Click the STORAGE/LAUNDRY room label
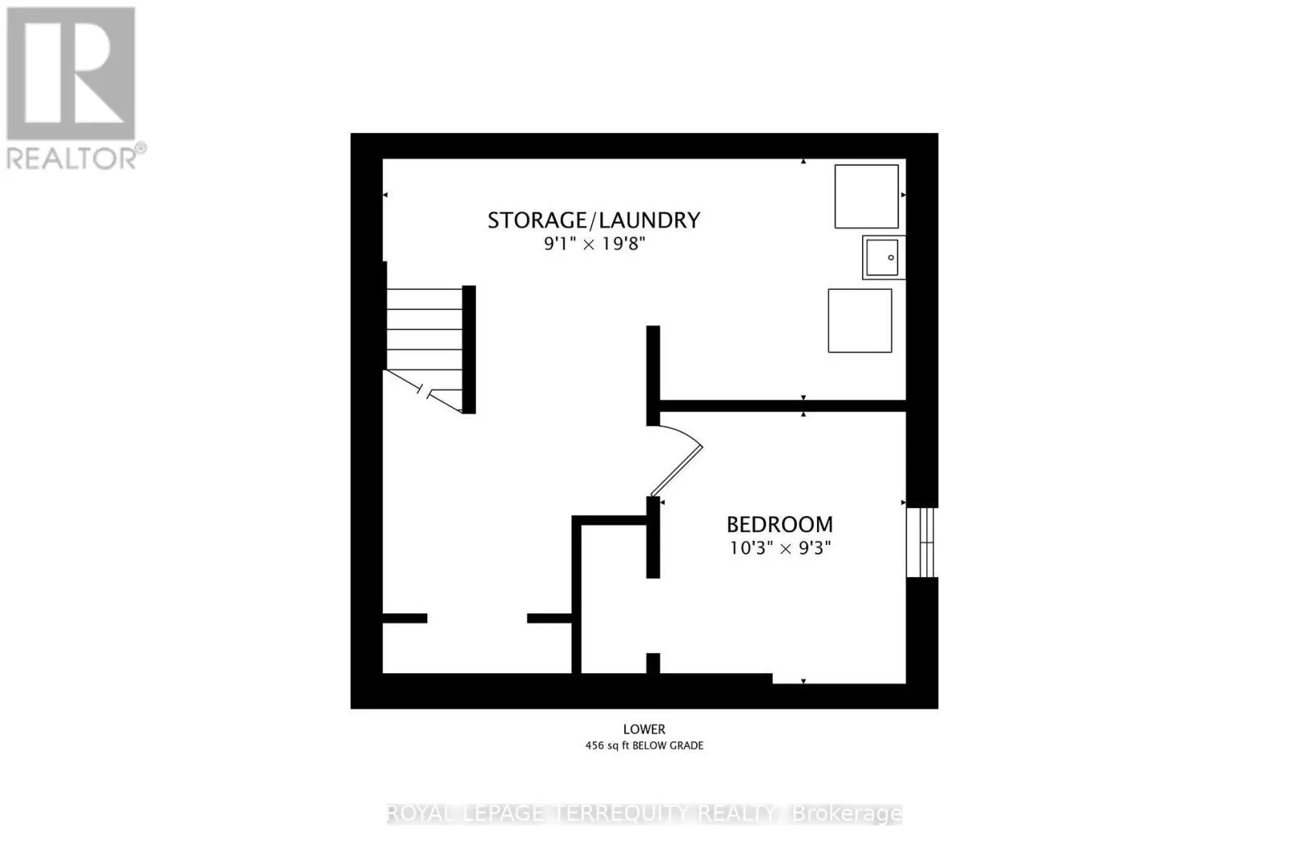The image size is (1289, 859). coord(594,220)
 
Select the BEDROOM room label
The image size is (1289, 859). coord(780,525)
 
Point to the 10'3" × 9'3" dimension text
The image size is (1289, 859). coord(780,548)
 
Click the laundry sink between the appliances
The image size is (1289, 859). coord(884,258)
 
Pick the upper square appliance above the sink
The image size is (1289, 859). coord(866,196)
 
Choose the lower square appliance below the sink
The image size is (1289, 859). coord(860,320)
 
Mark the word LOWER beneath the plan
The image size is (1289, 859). coord(644,729)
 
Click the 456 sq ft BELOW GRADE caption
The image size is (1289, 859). coord(644,745)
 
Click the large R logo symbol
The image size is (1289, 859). coord(71,72)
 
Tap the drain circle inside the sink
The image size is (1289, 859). coord(891,258)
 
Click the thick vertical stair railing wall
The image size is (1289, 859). coord(469,349)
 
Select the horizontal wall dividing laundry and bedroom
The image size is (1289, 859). coord(781,406)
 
